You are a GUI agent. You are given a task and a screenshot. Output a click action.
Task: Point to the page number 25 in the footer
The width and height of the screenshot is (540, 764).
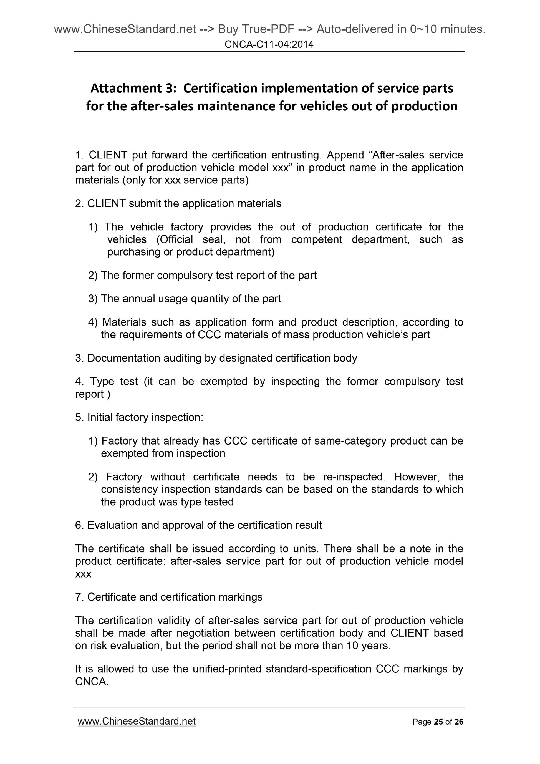point(439,722)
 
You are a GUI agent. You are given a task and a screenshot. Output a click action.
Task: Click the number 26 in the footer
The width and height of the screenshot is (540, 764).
point(459,722)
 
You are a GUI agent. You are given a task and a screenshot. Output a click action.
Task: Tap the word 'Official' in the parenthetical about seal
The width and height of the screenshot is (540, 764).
point(174,239)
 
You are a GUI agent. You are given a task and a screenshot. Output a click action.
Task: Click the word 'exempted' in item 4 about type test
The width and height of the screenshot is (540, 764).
point(224,381)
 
